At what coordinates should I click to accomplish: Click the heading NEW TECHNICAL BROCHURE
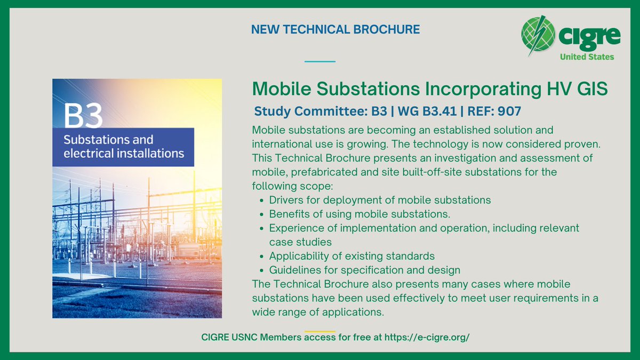[x=335, y=30]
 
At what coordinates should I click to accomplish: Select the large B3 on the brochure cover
[x=83, y=116]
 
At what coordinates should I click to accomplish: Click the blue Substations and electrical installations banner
[x=123, y=147]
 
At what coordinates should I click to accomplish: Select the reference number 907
[x=510, y=112]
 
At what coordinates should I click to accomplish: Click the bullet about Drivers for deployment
[x=380, y=200]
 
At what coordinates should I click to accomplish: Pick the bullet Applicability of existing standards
[x=351, y=256]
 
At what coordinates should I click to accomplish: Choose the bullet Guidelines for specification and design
[x=364, y=270]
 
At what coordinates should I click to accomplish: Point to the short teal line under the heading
[x=320, y=61]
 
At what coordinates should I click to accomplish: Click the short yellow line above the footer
[x=320, y=331]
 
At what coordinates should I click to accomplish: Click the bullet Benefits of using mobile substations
[x=359, y=214]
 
